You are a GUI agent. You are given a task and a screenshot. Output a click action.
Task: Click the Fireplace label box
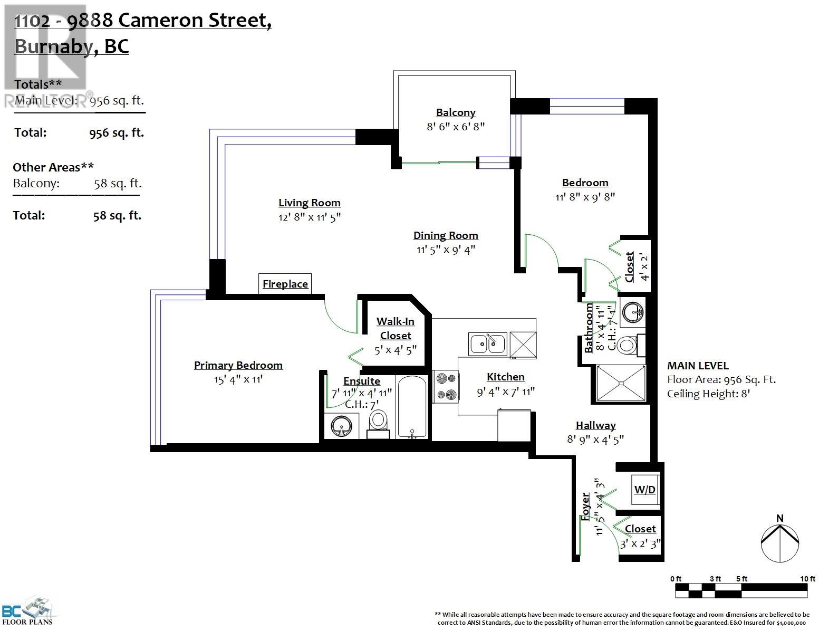[x=285, y=284]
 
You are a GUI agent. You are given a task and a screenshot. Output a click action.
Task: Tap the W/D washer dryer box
[x=644, y=489]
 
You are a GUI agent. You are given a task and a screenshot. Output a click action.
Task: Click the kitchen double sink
[x=488, y=343]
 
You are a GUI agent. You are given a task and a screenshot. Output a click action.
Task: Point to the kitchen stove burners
[x=446, y=386]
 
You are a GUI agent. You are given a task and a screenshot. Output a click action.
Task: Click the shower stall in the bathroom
[x=620, y=383]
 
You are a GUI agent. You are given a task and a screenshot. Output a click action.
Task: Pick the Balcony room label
[x=456, y=112]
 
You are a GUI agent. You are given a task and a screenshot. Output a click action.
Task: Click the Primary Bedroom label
[x=238, y=365]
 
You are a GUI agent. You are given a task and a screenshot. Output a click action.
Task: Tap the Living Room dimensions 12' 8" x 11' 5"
[x=309, y=217]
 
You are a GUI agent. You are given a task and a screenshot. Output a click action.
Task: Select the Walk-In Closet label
[x=396, y=328]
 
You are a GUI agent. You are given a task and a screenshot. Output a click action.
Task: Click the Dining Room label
[x=446, y=235]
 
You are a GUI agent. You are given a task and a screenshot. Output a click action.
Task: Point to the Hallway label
[x=595, y=425]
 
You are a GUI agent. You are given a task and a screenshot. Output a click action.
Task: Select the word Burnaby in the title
[x=54, y=46]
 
